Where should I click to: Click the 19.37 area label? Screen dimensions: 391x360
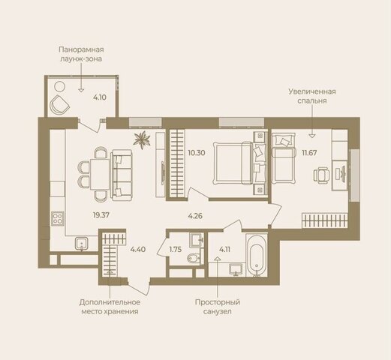(101, 215)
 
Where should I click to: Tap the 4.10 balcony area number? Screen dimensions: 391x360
(100, 97)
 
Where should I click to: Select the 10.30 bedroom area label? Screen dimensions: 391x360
(197, 153)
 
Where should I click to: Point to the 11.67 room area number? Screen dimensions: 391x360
(309, 153)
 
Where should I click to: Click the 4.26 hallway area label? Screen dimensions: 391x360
(195, 216)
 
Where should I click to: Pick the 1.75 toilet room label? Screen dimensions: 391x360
(175, 250)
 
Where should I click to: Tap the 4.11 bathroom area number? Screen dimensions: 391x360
(224, 250)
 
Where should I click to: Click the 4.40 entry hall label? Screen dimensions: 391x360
(138, 250)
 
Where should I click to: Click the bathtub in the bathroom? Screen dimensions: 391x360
(257, 255)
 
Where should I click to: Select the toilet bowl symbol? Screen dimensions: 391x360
(194, 257)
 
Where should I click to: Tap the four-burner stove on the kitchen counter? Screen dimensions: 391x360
(58, 218)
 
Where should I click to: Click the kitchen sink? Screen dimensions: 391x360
(82, 244)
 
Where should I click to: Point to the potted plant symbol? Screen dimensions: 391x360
(142, 139)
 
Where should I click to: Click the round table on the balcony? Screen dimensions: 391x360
(60, 87)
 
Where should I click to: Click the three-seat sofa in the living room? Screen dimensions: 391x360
(122, 175)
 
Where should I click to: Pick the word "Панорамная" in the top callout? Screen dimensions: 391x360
(81, 49)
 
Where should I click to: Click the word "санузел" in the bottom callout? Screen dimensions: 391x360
(217, 312)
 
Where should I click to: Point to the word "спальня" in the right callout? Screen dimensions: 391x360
(311, 101)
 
